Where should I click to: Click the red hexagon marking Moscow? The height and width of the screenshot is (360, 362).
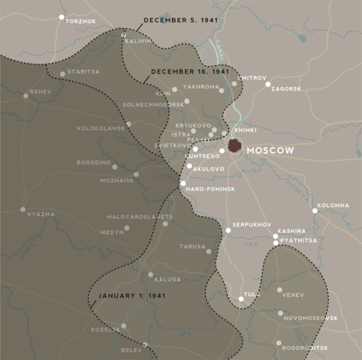pyautogui.click(x=236, y=146)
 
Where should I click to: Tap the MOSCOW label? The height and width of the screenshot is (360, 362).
pyautogui.click(x=270, y=151)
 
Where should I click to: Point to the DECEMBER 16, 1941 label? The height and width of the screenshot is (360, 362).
pyautogui.click(x=190, y=71)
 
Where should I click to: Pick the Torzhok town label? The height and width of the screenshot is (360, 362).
pyautogui.click(x=82, y=21)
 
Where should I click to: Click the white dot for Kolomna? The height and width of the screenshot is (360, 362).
pyautogui.click(x=315, y=211)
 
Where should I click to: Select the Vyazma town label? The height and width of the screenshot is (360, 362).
pyautogui.click(x=41, y=214)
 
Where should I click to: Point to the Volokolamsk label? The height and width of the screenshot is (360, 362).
pyautogui.click(x=99, y=128)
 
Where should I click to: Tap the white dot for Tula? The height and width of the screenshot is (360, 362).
pyautogui.click(x=241, y=298)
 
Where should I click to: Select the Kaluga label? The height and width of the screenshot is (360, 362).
pyautogui.click(x=167, y=279)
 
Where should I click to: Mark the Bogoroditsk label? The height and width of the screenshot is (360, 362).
pyautogui.click(x=304, y=348)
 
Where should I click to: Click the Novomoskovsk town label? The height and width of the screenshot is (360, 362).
pyautogui.click(x=311, y=318)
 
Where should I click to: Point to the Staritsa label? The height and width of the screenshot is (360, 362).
pyautogui.click(x=83, y=71)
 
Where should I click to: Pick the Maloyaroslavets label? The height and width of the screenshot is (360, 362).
pyautogui.click(x=139, y=217)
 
